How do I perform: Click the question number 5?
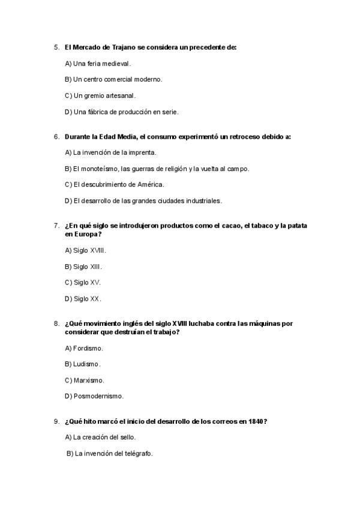tap(56, 47)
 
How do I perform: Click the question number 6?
tap(56, 136)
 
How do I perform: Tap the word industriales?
tap(204, 200)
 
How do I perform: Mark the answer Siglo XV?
tap(86, 282)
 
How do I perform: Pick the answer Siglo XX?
tap(86, 298)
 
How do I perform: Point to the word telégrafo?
tap(138, 454)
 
